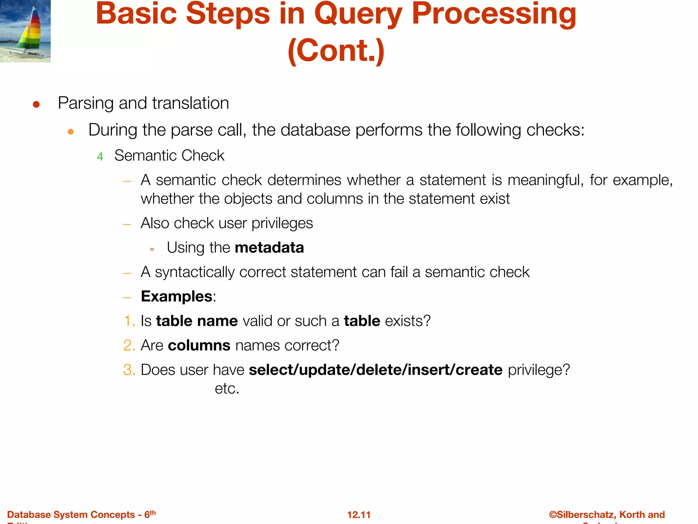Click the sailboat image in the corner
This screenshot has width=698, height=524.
(x=25, y=31)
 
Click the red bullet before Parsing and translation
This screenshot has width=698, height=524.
(x=36, y=104)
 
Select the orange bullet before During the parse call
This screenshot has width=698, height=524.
(x=71, y=132)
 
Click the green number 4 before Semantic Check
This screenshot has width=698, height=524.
(x=100, y=157)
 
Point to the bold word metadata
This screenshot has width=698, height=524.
(x=269, y=248)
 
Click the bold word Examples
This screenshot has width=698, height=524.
(x=177, y=296)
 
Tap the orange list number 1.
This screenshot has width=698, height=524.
(x=129, y=321)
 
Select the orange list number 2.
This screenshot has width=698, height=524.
(x=129, y=346)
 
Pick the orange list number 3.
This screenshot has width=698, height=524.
(x=129, y=370)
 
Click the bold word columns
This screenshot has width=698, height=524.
(x=199, y=346)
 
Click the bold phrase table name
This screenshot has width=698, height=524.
(x=197, y=321)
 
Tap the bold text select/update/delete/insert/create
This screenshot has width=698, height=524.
(x=376, y=370)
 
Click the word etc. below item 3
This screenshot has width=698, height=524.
(x=227, y=389)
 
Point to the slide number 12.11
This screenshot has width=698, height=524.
(x=359, y=514)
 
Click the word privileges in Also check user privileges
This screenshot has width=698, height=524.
(x=282, y=223)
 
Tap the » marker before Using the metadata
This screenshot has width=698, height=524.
(x=152, y=249)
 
